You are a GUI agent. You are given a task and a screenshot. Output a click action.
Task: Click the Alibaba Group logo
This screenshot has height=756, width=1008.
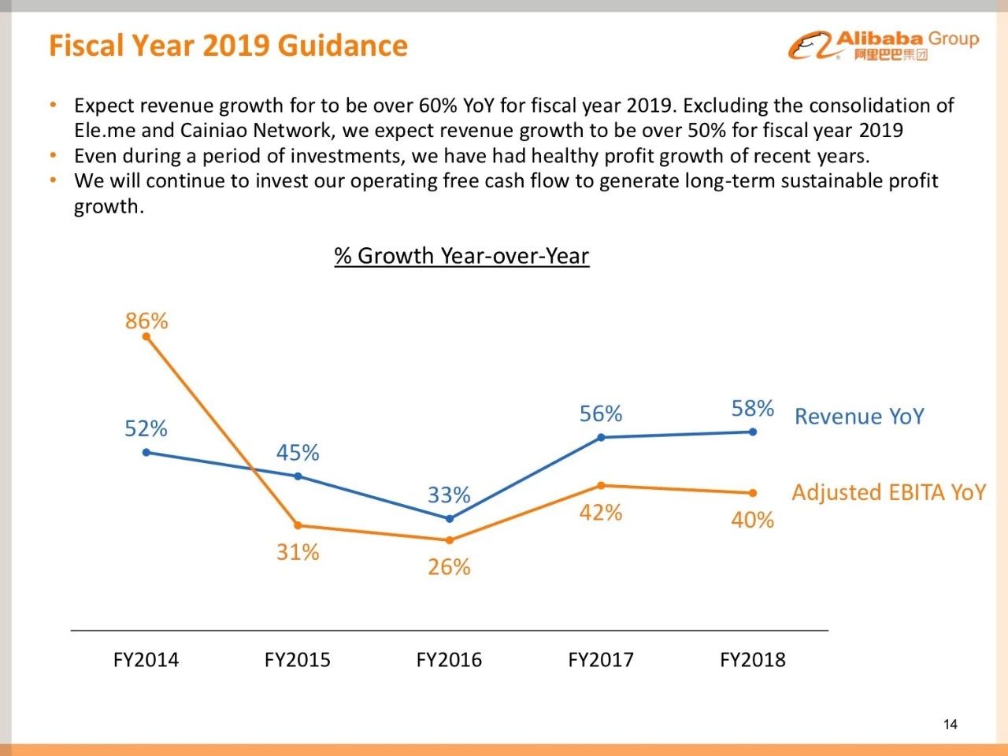point(883,45)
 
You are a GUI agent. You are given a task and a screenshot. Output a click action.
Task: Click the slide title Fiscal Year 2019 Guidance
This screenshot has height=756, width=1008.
point(228,46)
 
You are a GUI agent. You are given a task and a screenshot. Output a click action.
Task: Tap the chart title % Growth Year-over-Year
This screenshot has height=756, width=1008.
point(461,256)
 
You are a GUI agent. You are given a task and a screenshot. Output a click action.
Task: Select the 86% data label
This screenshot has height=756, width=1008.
point(146,321)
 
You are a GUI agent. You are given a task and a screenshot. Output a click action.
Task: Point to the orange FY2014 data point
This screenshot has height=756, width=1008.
point(146,336)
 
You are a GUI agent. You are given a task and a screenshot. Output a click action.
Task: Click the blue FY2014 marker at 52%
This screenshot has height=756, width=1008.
point(146,452)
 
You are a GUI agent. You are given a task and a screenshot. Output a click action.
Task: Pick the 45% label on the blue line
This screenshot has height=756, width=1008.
point(298,453)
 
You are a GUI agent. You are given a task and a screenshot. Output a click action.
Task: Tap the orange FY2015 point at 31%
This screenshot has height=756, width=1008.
point(298,525)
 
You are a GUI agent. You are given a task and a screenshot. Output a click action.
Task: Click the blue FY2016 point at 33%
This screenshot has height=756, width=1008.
point(450,519)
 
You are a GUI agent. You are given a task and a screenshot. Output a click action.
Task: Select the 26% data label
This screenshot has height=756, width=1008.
point(449,567)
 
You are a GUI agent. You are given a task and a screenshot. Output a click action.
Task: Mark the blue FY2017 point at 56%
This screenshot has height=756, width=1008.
point(601,437)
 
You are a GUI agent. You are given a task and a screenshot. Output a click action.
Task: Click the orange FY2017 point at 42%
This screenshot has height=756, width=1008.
point(601,485)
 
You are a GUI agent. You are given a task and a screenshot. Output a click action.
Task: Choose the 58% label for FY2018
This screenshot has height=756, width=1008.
point(752,409)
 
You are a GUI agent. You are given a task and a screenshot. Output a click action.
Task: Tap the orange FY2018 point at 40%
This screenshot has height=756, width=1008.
point(753,493)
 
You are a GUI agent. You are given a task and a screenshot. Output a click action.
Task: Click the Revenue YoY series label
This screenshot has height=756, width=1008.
point(859,417)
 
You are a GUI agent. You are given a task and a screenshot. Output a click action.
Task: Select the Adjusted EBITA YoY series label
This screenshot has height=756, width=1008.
point(888,493)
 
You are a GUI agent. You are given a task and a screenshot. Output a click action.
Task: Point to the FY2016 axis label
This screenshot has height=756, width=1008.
point(449,660)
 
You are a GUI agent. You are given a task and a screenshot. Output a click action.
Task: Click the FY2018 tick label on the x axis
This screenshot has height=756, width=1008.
point(752,660)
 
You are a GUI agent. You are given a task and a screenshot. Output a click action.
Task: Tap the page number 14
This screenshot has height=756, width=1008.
point(951,724)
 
